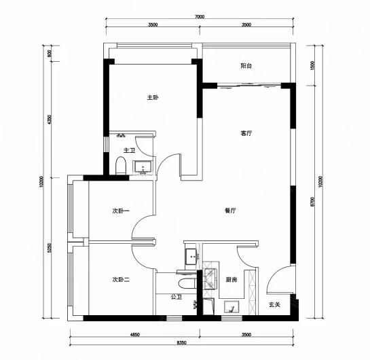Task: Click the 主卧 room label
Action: click(153, 97)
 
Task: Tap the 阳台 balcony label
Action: click(246, 66)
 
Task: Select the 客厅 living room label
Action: click(246, 133)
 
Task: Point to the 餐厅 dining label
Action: click(230, 211)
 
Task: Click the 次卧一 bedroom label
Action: click(121, 211)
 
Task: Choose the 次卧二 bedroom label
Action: click(121, 280)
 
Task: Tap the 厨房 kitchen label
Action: click(232, 280)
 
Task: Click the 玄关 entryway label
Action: click(274, 304)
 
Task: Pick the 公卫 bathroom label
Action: click(177, 297)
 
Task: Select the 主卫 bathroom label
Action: click(129, 150)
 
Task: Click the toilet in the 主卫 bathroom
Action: click(121, 166)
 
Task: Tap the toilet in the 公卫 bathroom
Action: click(187, 283)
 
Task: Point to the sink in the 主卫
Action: click(143, 167)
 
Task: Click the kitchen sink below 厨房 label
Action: click(232, 306)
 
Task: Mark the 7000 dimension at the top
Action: click(200, 16)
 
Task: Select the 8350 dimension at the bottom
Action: click(182, 342)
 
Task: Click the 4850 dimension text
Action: click(135, 334)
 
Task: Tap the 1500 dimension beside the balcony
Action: click(313, 65)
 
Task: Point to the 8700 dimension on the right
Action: click(313, 202)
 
